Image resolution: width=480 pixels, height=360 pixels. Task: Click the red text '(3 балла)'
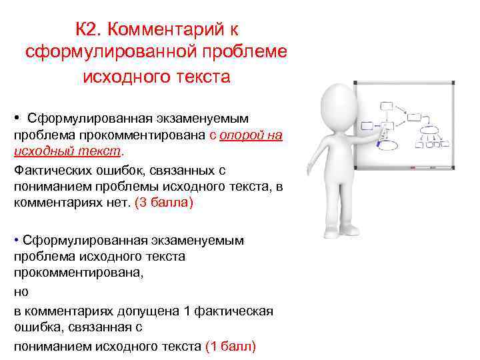click(163, 202)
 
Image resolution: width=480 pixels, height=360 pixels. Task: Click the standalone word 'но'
click(21, 292)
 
